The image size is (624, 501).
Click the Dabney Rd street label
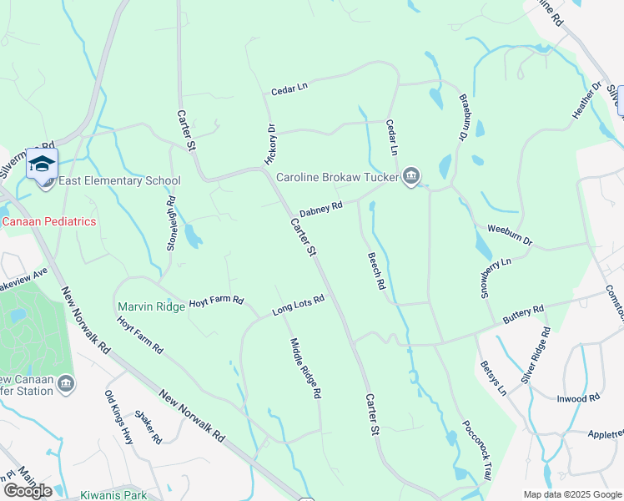point(322,206)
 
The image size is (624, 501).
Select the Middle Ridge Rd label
point(305,368)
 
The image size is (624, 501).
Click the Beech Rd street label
point(376,271)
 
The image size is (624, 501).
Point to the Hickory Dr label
point(269,144)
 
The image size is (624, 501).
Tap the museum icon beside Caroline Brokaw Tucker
point(410,176)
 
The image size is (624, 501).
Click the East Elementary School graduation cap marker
point(41,164)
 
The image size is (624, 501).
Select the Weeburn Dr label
point(510,234)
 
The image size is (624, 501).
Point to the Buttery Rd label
point(523,315)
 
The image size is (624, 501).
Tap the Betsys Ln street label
point(493,377)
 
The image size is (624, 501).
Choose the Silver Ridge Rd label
point(536,355)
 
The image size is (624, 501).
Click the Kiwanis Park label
point(113,495)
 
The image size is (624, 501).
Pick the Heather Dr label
point(586,101)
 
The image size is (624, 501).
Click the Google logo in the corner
point(27,490)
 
